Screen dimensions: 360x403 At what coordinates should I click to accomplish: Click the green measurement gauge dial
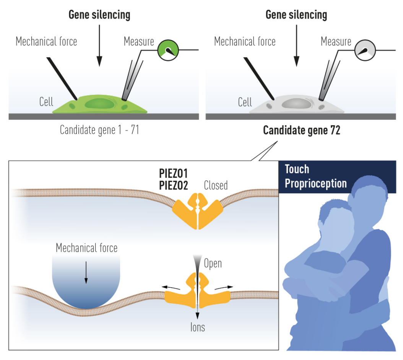[x=168, y=50]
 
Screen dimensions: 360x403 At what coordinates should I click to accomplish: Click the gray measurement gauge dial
[x=365, y=50]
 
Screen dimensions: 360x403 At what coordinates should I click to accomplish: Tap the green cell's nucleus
[x=99, y=103]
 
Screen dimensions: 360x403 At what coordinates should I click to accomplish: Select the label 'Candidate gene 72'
[x=302, y=130]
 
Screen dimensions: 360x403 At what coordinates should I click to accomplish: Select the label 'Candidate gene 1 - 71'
[x=99, y=130]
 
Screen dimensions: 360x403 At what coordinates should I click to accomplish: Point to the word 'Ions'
[x=198, y=327]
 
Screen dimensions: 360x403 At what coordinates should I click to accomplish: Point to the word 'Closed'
[x=216, y=186]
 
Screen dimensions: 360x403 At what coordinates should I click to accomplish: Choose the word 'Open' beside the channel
[x=213, y=264]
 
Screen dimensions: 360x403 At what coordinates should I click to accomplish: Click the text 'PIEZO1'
[x=174, y=173]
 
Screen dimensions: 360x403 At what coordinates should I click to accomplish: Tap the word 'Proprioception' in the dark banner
[x=316, y=184]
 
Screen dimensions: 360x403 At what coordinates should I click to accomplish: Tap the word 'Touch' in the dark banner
[x=297, y=169]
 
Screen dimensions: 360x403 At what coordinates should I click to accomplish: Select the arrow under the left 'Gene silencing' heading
[x=99, y=44]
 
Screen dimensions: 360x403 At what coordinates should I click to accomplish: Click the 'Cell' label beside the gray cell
[x=245, y=102]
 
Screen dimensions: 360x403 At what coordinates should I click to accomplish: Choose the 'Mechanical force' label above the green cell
[x=46, y=41]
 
